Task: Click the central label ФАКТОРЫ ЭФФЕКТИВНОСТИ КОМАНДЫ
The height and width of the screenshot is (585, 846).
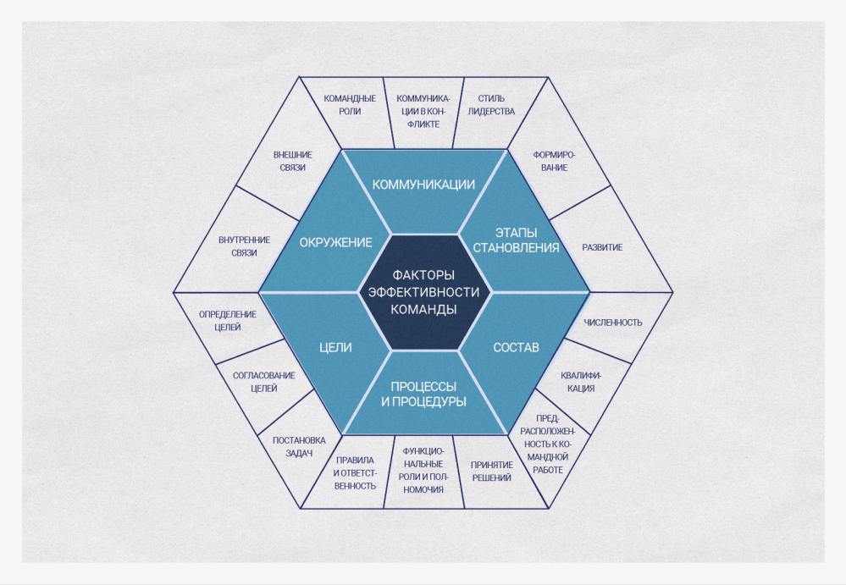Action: pos(423,292)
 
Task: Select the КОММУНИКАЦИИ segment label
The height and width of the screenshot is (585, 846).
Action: pos(423,184)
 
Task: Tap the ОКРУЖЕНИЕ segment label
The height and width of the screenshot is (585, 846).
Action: pos(335,242)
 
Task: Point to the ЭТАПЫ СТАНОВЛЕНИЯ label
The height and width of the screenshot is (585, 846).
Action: pos(516,240)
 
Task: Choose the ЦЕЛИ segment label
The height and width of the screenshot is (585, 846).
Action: pos(335,347)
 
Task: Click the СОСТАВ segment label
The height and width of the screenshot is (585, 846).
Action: pos(516,347)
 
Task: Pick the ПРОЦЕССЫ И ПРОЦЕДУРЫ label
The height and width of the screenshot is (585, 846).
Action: pos(423,394)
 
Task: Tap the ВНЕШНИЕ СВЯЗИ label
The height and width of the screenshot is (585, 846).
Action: pos(290,161)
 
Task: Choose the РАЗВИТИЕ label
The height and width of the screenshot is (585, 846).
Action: pos(602,247)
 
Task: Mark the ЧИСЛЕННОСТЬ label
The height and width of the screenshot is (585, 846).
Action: pos(613,323)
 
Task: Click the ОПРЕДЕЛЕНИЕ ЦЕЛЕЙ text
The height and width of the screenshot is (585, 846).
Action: pos(228,320)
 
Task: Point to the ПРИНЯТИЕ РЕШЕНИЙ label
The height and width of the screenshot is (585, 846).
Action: pos(491,472)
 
